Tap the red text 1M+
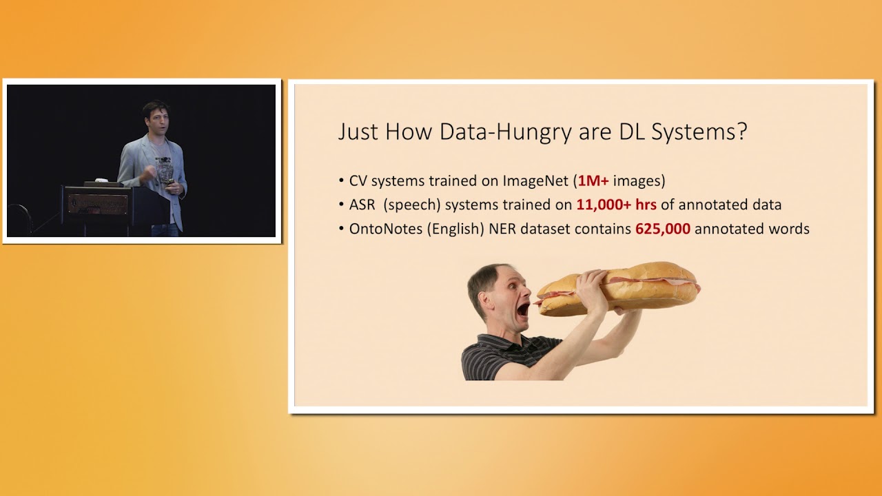point(593,181)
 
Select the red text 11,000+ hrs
point(616,205)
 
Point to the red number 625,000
point(662,229)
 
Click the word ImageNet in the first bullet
point(535,181)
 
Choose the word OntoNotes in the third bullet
point(386,229)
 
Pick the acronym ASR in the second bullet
point(362,205)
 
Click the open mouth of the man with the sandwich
point(523,309)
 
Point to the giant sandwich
point(620,287)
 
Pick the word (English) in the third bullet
point(455,229)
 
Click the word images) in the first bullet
point(639,181)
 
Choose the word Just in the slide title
point(358,132)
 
